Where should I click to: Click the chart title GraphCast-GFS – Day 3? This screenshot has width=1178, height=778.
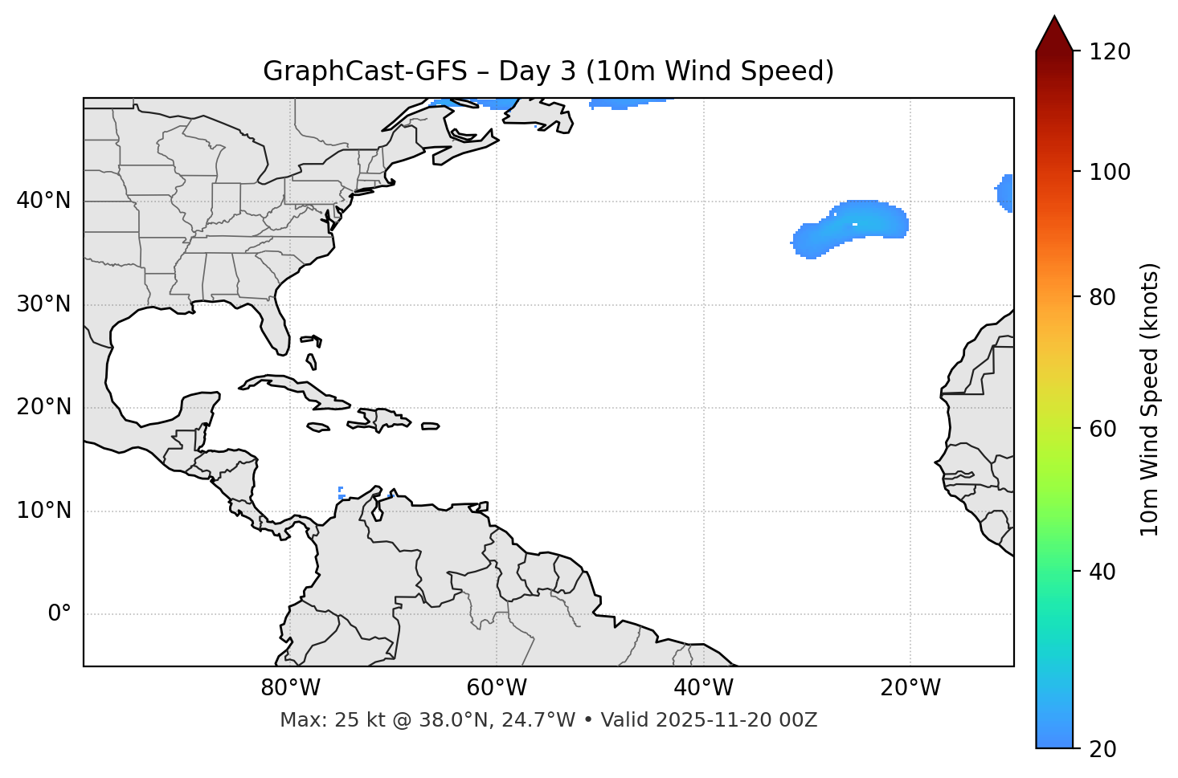[548, 71]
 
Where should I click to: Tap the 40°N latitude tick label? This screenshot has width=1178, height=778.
[43, 201]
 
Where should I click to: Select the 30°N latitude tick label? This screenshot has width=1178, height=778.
[43, 304]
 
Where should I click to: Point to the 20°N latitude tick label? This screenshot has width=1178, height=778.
[43, 407]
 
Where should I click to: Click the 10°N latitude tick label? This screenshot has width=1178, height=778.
[43, 511]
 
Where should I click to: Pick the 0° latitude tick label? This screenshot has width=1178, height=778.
[59, 614]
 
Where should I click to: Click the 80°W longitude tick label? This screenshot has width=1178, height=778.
[290, 688]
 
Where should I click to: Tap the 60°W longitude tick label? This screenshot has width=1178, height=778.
[497, 688]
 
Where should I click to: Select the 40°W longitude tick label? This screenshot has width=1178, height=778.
[703, 688]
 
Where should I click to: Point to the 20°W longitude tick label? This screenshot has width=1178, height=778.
[910, 688]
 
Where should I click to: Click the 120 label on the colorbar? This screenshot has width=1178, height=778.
[1109, 52]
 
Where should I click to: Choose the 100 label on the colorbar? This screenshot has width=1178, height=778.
[1109, 172]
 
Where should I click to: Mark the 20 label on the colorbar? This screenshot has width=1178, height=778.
[1102, 749]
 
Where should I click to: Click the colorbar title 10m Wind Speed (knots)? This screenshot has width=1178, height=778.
[1150, 399]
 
